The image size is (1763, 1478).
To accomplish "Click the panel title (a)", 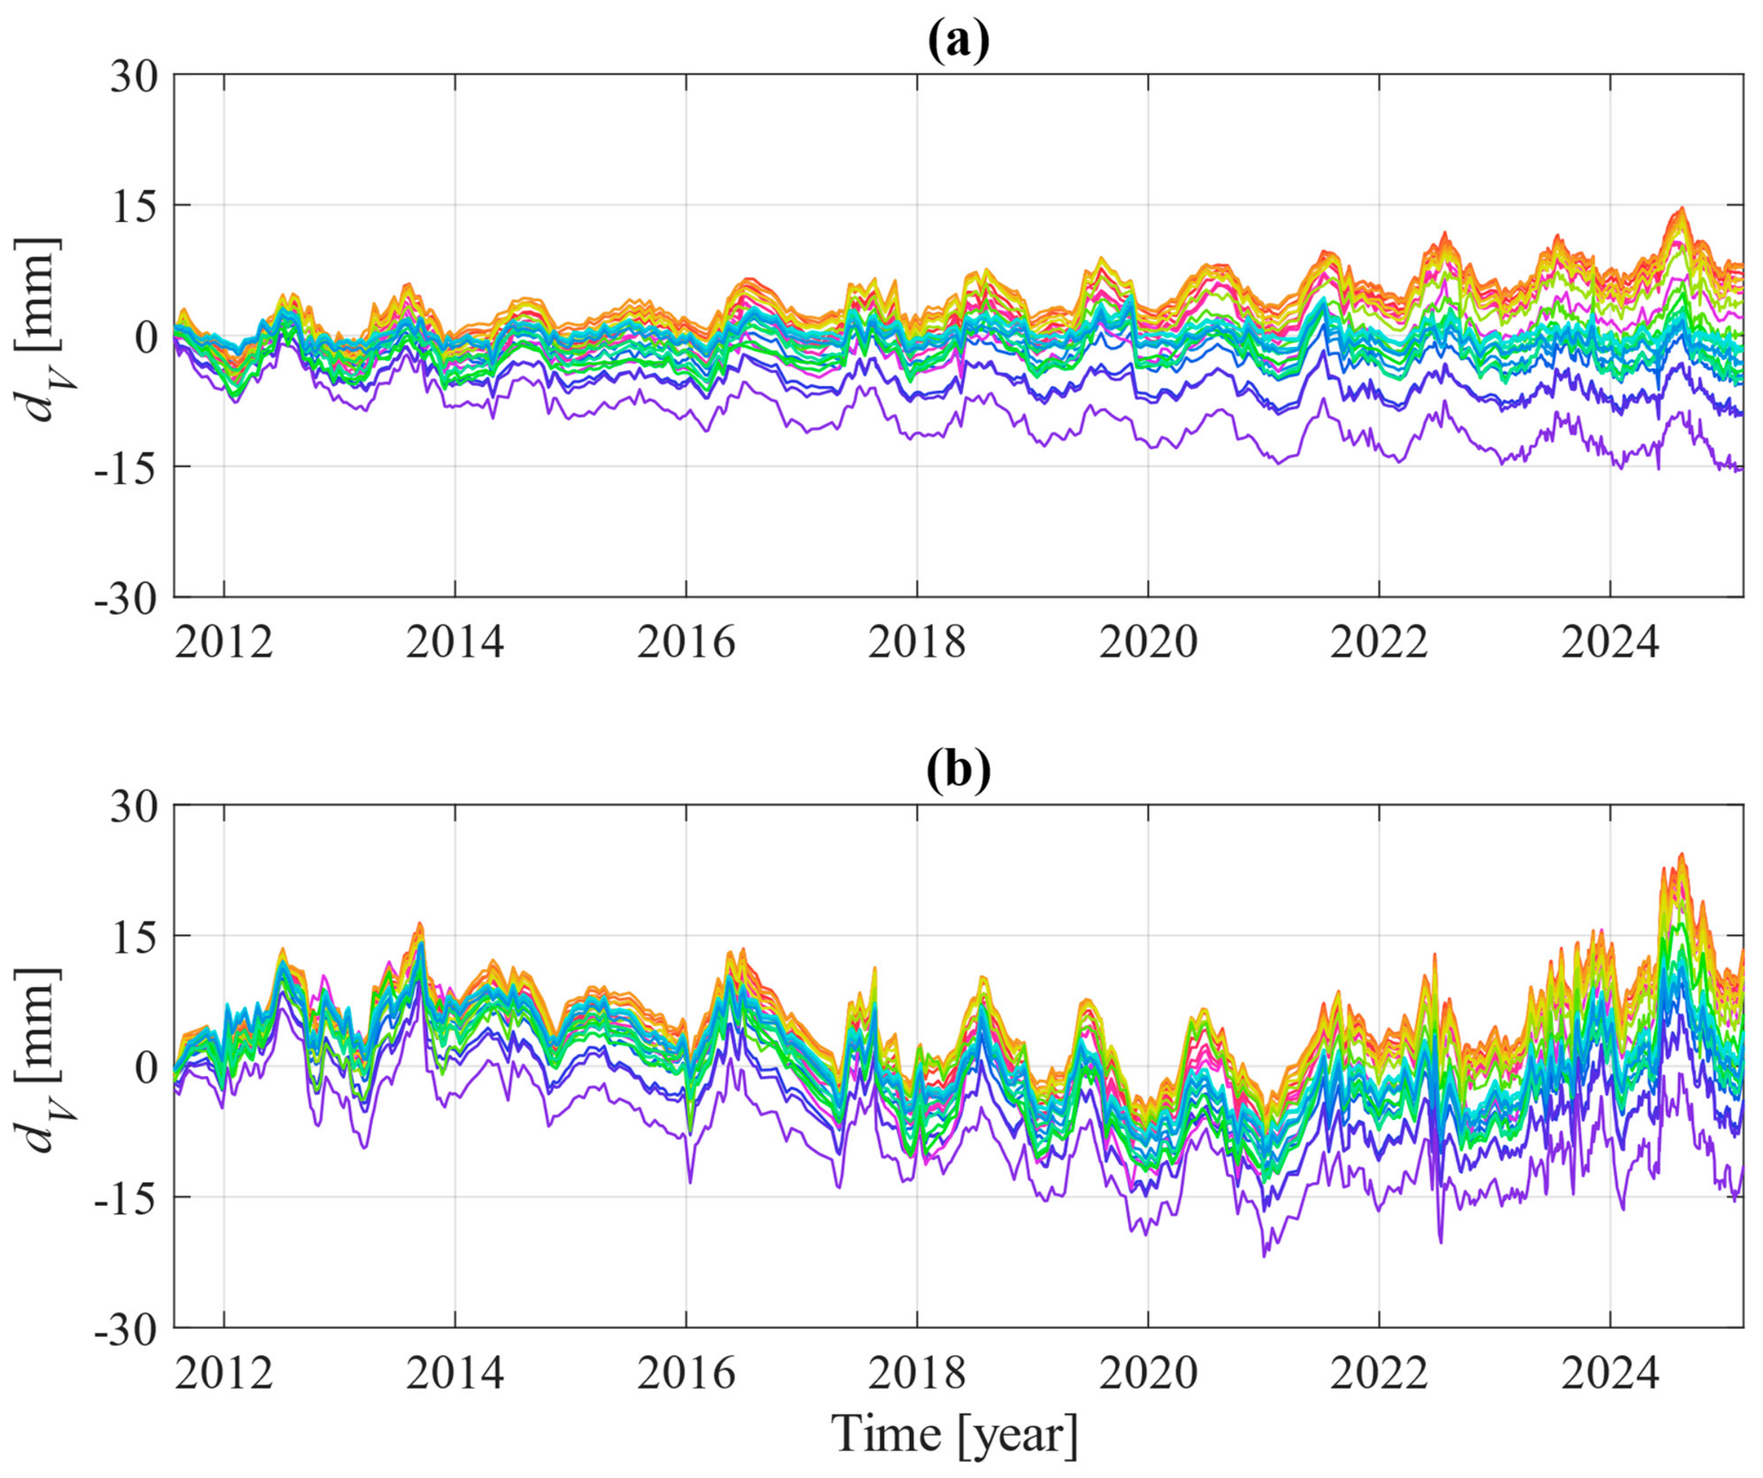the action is click(958, 41).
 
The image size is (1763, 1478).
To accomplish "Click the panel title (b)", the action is click(958, 771).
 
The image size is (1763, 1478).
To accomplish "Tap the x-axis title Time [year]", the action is click(955, 1434).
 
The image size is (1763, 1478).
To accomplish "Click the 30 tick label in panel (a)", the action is click(134, 76).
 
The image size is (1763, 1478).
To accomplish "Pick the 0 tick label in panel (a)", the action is click(147, 337).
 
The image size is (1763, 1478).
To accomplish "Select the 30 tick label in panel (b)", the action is click(134, 806).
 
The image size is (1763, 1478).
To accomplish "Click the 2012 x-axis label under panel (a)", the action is click(224, 642).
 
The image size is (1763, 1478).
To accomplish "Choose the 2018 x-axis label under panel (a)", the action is click(917, 642).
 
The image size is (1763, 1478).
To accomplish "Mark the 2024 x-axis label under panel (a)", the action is click(1611, 642).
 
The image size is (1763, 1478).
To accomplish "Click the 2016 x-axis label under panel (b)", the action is click(686, 1373).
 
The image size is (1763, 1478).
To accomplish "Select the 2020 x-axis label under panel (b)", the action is click(1149, 1373).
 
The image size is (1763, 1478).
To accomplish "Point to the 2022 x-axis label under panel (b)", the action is click(1380, 1373).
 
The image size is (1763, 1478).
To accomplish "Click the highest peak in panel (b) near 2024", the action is click(1681, 854).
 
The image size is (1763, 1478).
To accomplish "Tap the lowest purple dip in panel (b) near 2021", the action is click(1265, 1256).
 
